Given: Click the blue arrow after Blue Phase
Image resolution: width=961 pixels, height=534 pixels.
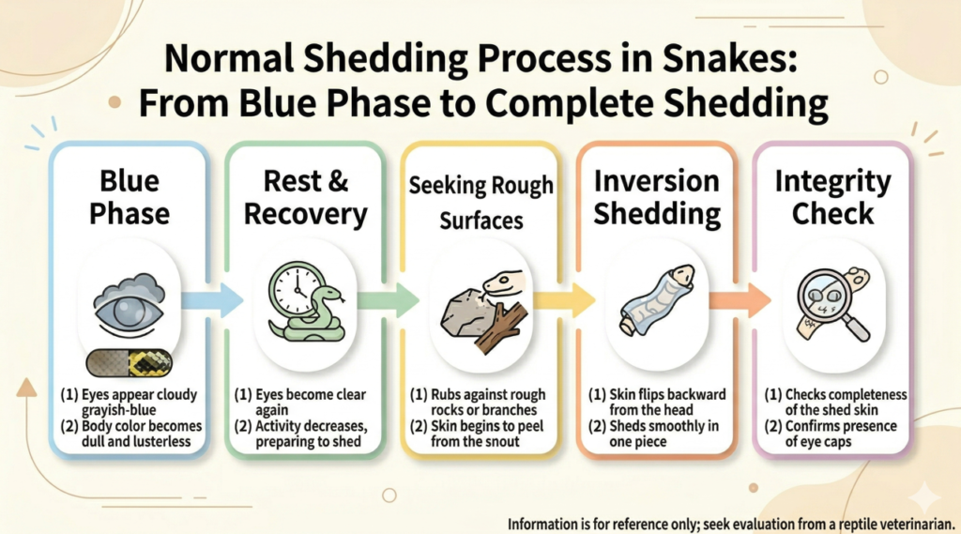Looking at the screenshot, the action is [x=212, y=300].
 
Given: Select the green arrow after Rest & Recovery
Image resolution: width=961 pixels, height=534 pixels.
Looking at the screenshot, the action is [x=388, y=300].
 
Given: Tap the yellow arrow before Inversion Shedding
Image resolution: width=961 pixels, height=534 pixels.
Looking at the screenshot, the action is [x=564, y=300].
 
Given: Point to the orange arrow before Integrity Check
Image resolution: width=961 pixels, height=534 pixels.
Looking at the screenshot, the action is [x=740, y=300].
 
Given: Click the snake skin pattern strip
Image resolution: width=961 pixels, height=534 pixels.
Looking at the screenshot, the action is [x=129, y=363].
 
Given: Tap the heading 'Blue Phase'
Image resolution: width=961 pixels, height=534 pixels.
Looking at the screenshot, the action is [x=130, y=197].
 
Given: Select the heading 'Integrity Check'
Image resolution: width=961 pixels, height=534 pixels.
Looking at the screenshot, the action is [x=833, y=197].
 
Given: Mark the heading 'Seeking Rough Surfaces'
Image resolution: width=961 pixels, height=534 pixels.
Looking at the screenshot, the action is [x=481, y=203].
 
